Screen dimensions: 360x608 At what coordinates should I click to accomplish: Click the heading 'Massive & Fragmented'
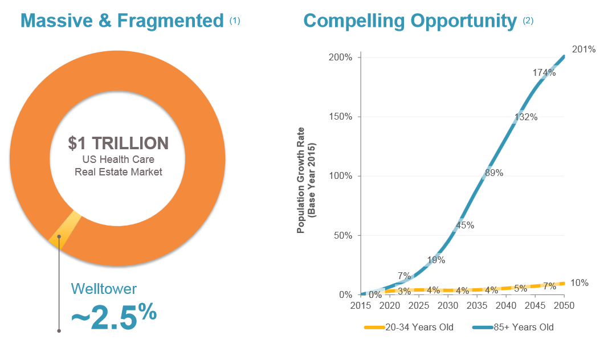point(122,21)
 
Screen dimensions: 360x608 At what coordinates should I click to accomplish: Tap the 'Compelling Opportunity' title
point(410,21)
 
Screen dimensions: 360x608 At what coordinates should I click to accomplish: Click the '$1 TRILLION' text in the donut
point(118,143)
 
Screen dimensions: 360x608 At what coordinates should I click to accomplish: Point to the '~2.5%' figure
point(113,316)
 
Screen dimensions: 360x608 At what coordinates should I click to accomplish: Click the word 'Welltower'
point(104,289)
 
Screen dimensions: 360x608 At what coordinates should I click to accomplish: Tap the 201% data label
point(583,50)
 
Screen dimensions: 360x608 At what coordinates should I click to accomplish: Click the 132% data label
point(526,117)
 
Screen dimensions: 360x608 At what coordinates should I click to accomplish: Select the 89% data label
point(494,173)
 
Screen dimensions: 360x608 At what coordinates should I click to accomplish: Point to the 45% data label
point(465,225)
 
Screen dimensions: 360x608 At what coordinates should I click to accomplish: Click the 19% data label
point(436,260)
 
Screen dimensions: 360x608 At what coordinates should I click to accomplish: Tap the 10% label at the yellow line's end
point(579,283)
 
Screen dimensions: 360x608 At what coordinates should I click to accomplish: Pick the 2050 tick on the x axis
point(564,306)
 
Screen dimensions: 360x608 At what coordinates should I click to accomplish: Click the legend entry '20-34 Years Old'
point(409,328)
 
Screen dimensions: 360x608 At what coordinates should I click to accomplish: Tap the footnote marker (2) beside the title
point(528,21)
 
